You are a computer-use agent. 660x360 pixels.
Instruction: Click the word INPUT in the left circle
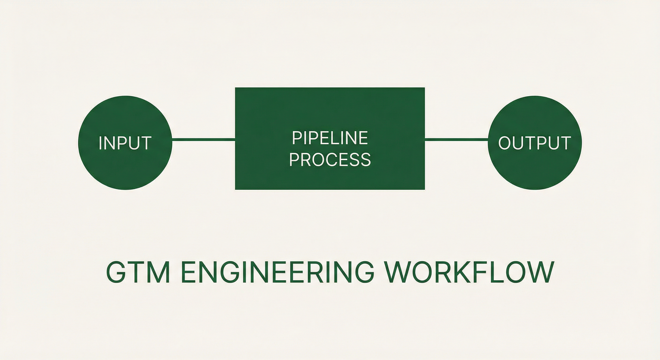(125, 143)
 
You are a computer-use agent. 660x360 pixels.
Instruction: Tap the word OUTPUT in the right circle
(535, 143)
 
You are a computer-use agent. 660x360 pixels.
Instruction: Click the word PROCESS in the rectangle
(330, 159)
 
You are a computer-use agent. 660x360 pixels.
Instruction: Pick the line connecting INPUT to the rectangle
(204, 139)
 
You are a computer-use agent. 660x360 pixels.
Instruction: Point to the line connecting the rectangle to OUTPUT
(457, 139)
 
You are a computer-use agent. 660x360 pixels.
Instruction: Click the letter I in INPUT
(101, 143)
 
